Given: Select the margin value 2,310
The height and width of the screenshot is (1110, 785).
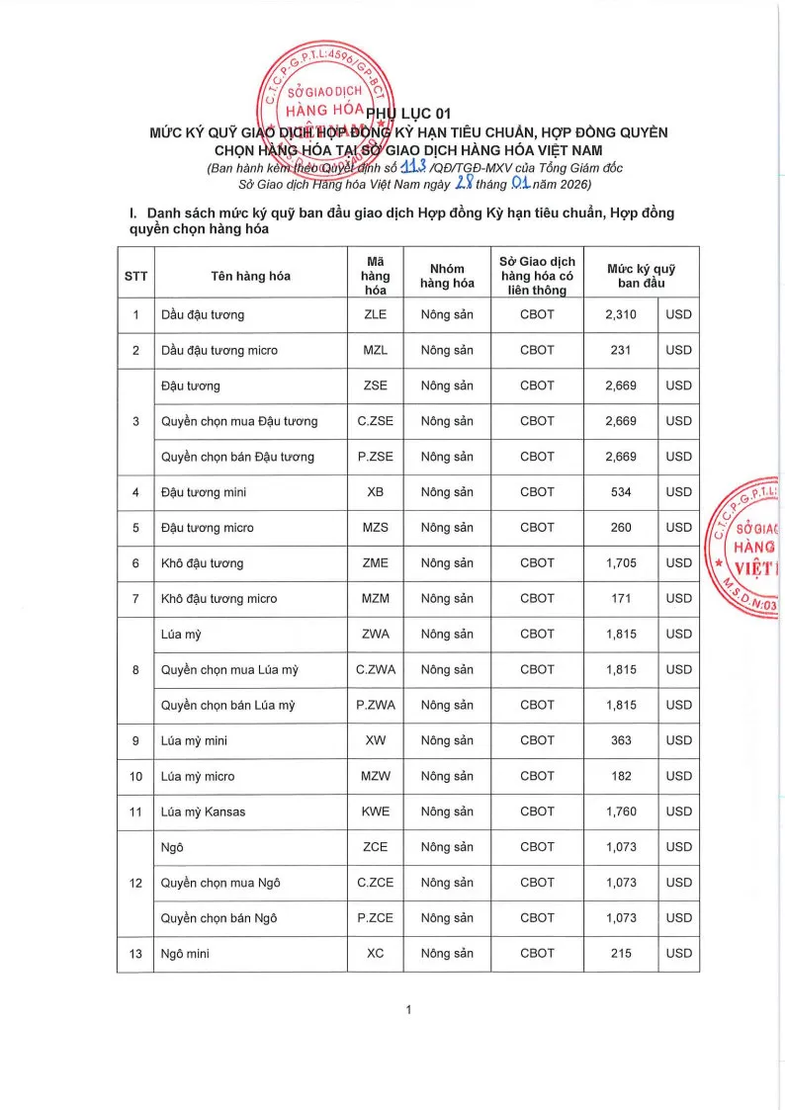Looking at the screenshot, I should tap(621, 314).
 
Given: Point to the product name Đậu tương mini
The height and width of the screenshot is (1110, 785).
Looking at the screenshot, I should tap(204, 492).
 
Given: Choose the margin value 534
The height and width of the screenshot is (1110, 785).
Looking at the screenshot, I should tap(621, 492).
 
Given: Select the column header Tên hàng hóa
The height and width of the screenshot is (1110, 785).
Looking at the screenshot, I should tap(250, 276).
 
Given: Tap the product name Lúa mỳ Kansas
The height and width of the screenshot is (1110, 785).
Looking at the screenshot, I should tap(203, 811).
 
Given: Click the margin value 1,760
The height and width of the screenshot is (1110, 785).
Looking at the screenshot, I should tap(621, 811).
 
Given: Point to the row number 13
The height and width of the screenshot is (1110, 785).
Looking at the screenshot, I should tap(135, 954).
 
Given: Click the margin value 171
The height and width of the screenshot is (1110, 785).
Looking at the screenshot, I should tap(621, 598).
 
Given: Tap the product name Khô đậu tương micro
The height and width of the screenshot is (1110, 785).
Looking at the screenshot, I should tap(218, 599).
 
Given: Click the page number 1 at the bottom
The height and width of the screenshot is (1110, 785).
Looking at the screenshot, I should tap(407, 1009).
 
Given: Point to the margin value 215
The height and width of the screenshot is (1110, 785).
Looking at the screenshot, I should tap(621, 954).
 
